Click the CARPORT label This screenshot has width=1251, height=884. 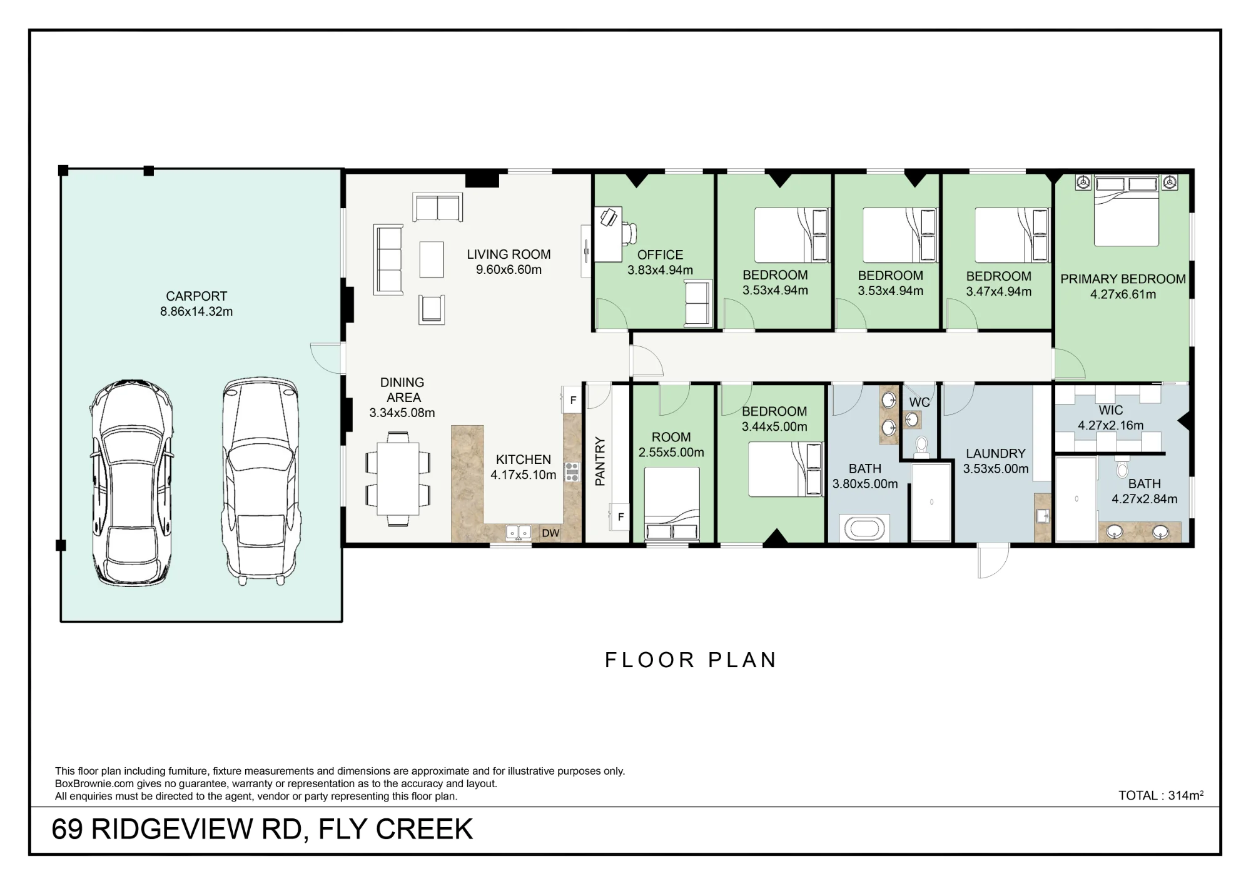point(196,296)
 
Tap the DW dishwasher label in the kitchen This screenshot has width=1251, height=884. point(550,533)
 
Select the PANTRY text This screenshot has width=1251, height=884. point(600,461)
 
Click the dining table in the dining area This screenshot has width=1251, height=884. point(398,478)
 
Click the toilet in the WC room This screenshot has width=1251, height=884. point(921,446)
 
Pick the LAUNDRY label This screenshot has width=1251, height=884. point(996,454)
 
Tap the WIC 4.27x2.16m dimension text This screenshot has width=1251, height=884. point(1111,426)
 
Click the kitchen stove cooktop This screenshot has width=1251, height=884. point(572,471)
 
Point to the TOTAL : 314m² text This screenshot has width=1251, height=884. point(1161,796)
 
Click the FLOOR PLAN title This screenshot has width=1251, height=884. point(691,660)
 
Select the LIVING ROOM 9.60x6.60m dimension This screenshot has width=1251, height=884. point(509,270)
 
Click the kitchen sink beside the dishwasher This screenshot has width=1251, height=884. point(519,533)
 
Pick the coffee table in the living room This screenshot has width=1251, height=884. point(432,259)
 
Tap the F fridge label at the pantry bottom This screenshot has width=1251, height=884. point(620,517)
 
